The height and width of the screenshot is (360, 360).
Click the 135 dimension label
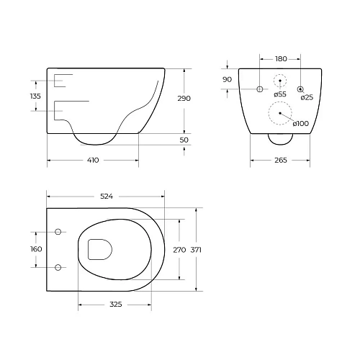click(x=35, y=96)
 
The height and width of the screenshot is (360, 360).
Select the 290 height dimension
click(x=184, y=99)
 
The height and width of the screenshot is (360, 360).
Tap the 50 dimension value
click(x=184, y=140)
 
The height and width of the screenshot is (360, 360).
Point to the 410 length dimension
click(x=93, y=160)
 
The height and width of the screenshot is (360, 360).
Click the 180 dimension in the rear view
click(x=281, y=59)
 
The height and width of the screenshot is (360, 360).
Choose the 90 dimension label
click(x=227, y=79)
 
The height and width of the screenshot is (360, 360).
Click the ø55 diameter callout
click(x=280, y=94)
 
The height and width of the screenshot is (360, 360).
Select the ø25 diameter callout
click(x=307, y=97)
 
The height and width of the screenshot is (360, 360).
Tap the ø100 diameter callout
click(x=301, y=124)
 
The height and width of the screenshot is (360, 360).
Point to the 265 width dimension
click(x=281, y=160)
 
